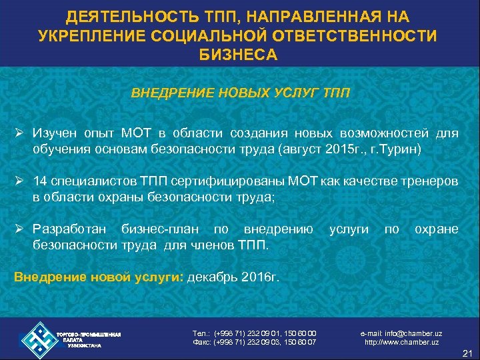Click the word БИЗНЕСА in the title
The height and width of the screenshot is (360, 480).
239,54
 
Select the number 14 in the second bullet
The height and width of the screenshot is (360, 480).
39,182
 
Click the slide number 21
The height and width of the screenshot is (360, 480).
465,353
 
